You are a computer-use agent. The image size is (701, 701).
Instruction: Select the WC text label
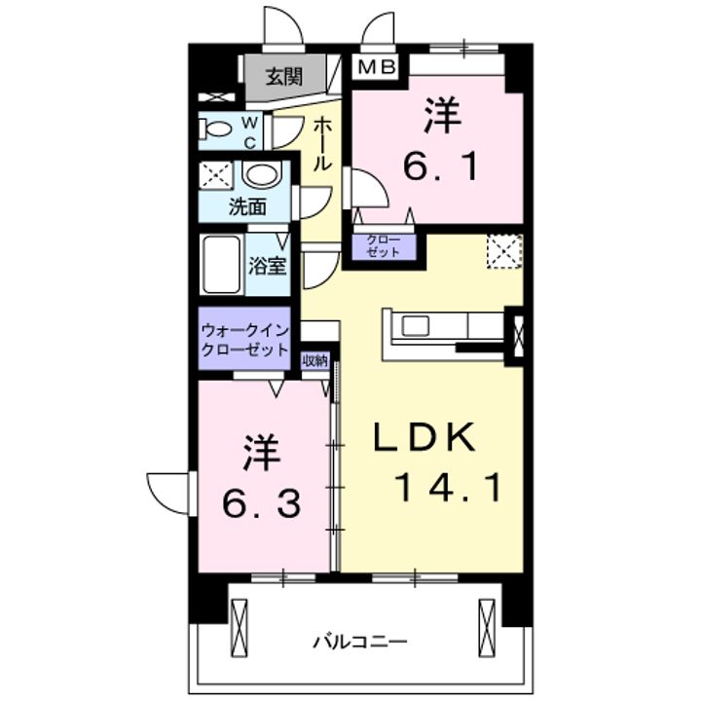pyautogui.click(x=249, y=130)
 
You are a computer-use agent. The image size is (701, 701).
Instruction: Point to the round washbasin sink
pyautogui.click(x=259, y=176)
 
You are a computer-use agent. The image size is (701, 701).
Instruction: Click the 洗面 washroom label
pyautogui.click(x=247, y=205)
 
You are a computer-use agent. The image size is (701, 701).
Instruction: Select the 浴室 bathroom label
pyautogui.click(x=268, y=265)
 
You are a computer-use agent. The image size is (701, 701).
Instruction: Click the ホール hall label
pyautogui.click(x=322, y=143)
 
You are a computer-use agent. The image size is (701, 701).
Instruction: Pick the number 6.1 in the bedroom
pyautogui.click(x=440, y=168)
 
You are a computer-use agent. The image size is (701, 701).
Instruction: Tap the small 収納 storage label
pyautogui.click(x=314, y=360)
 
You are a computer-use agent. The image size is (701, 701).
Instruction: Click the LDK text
pyautogui.click(x=426, y=438)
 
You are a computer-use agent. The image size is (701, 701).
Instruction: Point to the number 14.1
pyautogui.click(x=449, y=486)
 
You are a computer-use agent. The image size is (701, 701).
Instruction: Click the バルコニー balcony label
pyautogui.click(x=359, y=643)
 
